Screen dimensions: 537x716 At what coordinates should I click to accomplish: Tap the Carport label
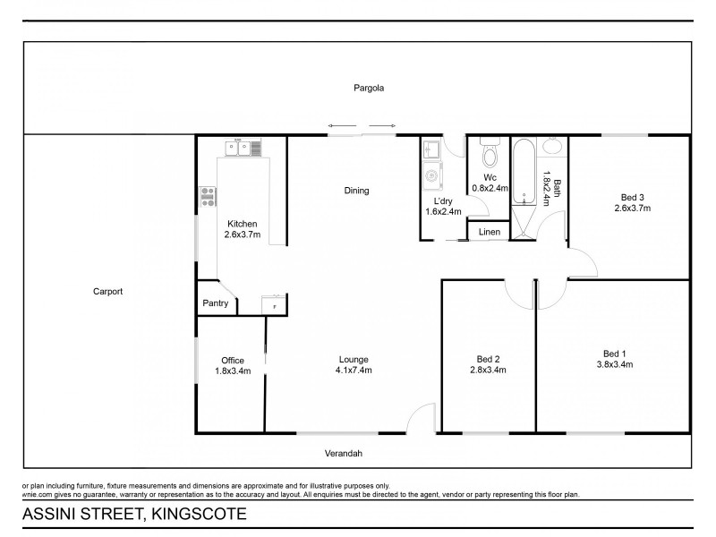[107, 292]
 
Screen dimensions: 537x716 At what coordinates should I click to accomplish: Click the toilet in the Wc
[489, 156]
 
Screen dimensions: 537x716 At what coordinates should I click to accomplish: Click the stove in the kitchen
[208, 195]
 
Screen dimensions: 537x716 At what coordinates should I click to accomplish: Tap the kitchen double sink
[239, 149]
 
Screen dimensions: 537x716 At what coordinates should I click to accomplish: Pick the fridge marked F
[274, 306]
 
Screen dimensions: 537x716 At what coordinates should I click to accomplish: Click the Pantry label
[215, 304]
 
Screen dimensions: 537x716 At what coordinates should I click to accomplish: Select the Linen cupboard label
[489, 232]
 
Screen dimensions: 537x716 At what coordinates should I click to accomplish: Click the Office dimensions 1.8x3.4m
[232, 371]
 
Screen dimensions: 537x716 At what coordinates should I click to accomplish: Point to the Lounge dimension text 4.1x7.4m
[354, 370]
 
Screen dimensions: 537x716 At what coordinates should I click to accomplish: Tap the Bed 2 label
[487, 360]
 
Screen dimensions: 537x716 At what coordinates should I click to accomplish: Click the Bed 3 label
[633, 197]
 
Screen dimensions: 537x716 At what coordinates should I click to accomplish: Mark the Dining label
[356, 191]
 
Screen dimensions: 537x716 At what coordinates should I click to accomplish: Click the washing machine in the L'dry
[430, 175]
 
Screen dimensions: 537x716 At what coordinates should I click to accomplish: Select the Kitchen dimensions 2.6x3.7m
[242, 235]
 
